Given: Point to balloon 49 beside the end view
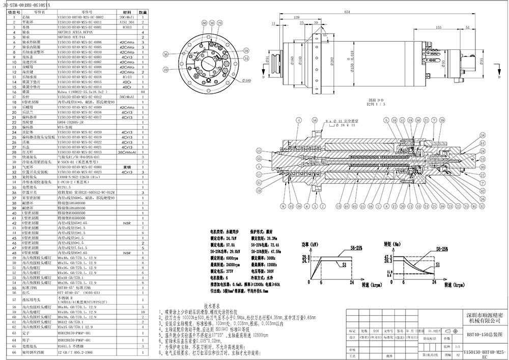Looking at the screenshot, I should (x=166, y=69).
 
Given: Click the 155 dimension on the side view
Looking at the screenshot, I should (x=424, y=28).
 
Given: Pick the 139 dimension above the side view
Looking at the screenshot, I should (x=297, y=18).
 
